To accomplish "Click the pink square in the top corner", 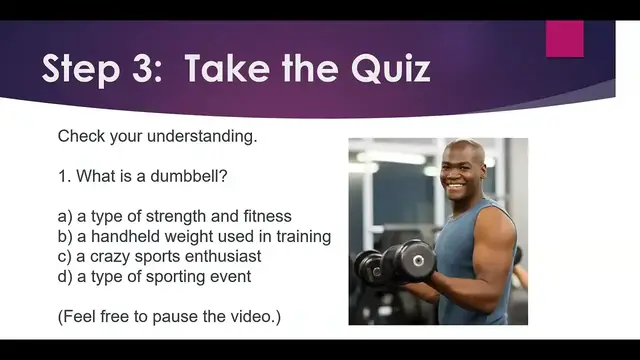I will click(x=564, y=38).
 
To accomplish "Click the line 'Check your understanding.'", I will click(x=157, y=136).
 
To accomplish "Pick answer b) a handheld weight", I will click(x=194, y=237).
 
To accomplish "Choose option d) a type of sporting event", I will click(x=154, y=276).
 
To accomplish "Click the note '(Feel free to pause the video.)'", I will click(x=169, y=317).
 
